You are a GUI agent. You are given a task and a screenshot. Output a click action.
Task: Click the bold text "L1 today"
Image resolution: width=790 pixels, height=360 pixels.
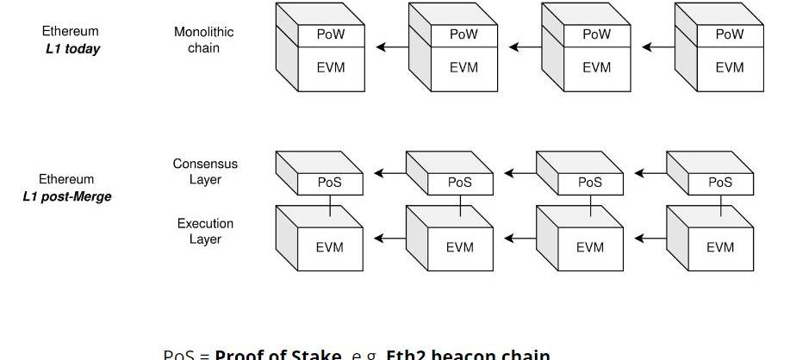click(x=72, y=49)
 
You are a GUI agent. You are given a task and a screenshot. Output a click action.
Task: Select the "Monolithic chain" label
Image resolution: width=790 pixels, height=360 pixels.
click(x=203, y=40)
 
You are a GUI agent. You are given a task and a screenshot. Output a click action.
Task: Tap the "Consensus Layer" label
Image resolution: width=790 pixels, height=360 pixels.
click(x=205, y=171)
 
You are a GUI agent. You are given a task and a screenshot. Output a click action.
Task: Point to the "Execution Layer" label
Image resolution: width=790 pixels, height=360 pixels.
click(x=205, y=231)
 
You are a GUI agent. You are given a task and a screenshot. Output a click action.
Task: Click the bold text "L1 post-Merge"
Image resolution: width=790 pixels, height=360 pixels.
click(x=66, y=196)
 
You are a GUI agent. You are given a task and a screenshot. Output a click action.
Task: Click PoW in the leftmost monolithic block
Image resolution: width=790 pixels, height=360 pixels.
click(x=331, y=34)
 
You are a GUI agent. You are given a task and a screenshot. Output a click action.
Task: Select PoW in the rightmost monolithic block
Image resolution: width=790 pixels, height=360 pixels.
click(x=729, y=34)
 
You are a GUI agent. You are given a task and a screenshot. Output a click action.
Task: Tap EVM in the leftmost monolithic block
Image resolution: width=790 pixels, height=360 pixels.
click(x=331, y=67)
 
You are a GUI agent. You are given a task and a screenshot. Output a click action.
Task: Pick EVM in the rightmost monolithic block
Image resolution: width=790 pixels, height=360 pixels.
click(x=729, y=67)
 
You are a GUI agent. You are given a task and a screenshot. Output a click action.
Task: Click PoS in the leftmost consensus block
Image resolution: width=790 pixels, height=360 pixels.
click(x=330, y=183)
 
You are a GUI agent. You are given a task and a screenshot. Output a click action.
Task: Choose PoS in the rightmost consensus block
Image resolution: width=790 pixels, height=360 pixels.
click(x=720, y=183)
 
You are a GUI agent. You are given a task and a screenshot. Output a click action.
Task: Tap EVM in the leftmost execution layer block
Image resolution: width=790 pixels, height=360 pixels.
click(x=329, y=247)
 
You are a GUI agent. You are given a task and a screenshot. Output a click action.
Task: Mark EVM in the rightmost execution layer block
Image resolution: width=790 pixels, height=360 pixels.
click(x=720, y=247)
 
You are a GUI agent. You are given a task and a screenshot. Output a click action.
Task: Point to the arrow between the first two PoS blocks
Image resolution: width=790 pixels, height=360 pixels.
click(x=389, y=173)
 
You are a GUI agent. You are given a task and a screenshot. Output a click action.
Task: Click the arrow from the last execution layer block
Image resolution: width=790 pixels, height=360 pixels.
click(x=650, y=239)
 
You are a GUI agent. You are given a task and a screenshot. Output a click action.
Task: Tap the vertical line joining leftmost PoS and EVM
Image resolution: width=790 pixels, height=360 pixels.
click(x=330, y=205)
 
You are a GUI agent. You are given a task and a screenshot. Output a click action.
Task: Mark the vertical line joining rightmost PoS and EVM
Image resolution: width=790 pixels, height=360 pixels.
click(x=720, y=205)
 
